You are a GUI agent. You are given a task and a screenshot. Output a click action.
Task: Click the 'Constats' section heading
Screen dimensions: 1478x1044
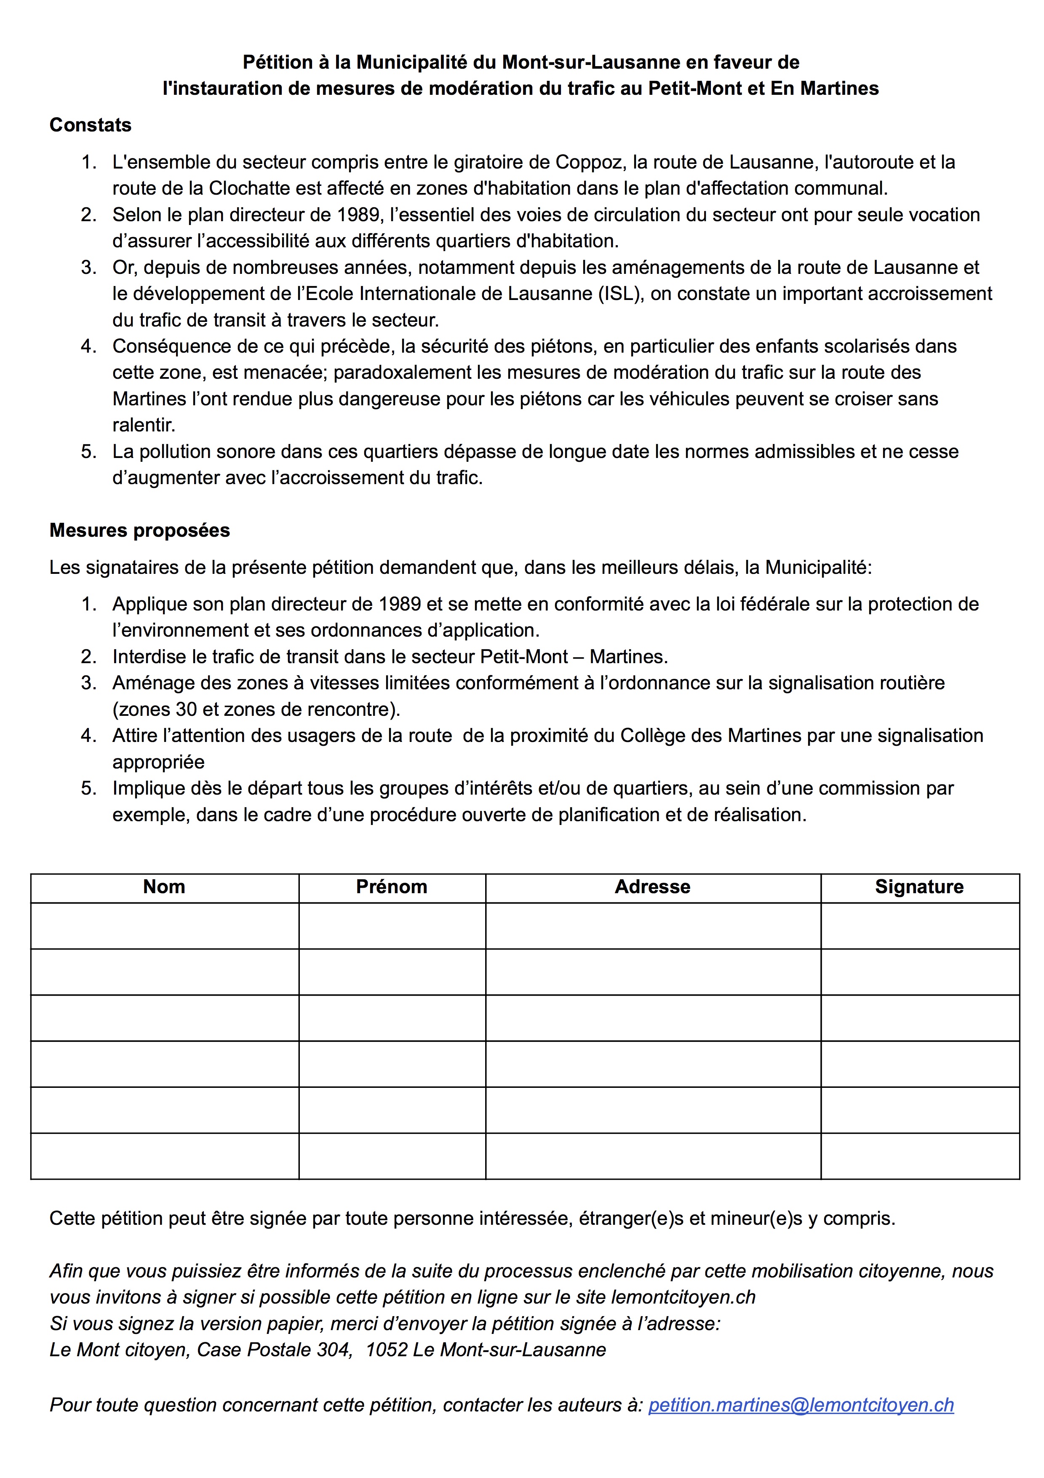pos(90,125)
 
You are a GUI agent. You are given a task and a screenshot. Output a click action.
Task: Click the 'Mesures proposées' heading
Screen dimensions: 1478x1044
pos(139,530)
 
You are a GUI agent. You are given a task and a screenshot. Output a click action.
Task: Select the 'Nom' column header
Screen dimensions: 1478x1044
pos(164,887)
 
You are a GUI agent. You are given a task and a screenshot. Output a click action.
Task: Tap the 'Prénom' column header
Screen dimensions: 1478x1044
pos(392,887)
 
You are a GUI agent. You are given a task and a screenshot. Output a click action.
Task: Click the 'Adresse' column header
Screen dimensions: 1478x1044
pos(652,887)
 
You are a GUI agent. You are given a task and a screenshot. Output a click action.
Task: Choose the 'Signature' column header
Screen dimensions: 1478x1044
pos(919,887)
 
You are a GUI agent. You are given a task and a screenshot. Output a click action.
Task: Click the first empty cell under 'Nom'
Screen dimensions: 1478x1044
pos(165,926)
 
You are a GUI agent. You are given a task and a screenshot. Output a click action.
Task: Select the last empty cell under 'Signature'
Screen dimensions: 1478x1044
pos(920,1156)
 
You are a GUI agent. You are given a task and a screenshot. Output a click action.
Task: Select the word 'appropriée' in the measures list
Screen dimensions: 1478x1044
pos(158,762)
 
